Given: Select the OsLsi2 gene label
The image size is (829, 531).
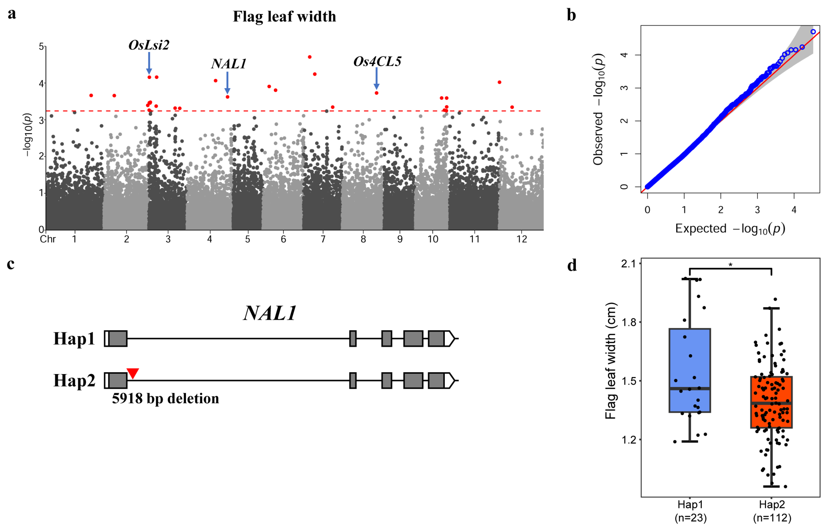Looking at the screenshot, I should tap(149, 45).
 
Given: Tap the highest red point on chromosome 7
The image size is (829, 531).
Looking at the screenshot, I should tap(310, 57).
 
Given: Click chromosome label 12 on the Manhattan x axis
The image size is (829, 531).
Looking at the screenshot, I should tap(522, 239).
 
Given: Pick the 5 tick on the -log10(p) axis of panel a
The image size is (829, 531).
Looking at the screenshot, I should tap(41, 47).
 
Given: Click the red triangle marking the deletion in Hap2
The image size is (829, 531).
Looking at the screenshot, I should tap(133, 373).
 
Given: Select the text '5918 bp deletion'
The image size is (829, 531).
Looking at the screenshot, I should tap(165, 399).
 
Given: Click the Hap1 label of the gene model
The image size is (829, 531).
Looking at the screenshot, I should tap(74, 339).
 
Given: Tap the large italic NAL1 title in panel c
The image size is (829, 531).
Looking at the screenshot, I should tap(270, 313).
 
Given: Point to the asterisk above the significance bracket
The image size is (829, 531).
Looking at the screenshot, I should tap(730, 265).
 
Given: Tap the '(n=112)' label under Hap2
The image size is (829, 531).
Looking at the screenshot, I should tap(772, 518).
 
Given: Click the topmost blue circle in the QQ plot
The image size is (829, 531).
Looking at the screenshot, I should tap(813, 32).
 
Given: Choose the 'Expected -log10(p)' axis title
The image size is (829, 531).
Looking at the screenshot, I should tap(730, 229).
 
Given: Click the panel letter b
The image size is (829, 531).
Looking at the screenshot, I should tap(571, 16).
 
